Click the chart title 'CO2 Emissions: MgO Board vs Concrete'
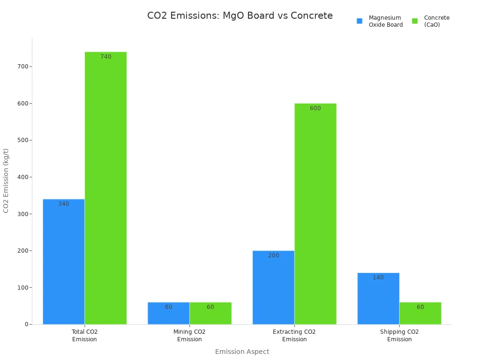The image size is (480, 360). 240,15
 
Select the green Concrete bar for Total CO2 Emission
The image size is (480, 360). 105,187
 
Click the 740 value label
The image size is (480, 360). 106,57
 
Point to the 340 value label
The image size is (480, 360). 64,204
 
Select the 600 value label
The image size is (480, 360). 315,108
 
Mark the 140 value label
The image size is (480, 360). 378,277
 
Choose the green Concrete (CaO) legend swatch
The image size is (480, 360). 415,21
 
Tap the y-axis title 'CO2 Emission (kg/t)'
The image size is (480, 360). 6,180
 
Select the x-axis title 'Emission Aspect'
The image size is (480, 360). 242,352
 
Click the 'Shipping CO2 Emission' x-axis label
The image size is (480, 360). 399,335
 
